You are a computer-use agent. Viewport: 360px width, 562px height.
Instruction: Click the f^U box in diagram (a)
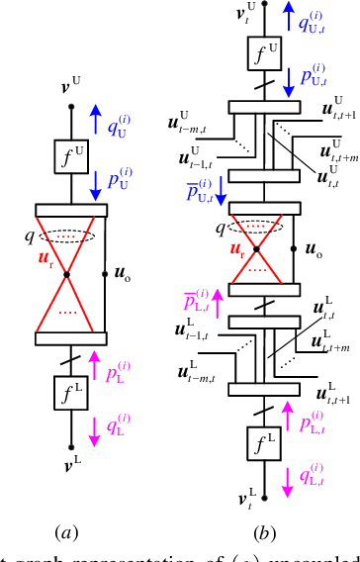coord(64,153)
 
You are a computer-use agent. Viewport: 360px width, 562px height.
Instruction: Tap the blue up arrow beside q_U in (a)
coord(95,121)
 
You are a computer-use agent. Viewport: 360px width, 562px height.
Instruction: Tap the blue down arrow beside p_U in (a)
coord(95,182)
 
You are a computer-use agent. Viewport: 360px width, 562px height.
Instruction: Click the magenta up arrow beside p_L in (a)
coord(95,362)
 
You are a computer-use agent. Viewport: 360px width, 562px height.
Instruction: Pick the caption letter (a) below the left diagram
coord(66,533)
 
